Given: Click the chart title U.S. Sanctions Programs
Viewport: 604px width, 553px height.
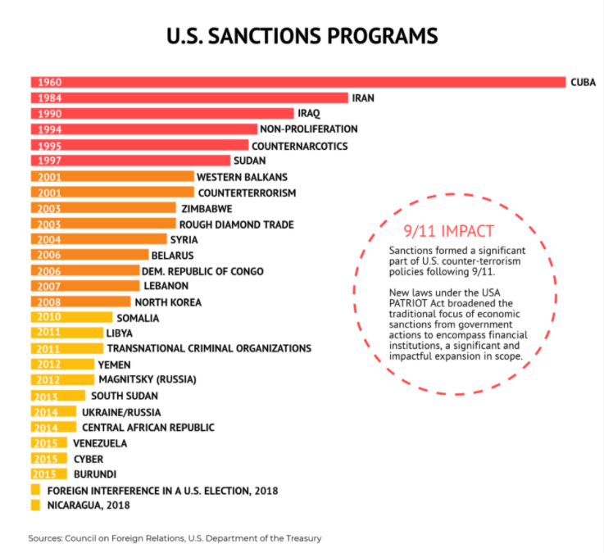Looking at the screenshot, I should (302, 36).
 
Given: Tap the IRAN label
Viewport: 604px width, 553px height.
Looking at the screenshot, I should (362, 97).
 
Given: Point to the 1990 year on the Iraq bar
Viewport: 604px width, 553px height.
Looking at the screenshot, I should (50, 114).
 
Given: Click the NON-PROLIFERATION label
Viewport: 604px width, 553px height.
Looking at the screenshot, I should (308, 129).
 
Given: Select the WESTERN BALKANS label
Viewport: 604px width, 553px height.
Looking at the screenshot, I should (242, 177).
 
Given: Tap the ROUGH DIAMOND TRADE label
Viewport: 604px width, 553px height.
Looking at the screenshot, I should (236, 224).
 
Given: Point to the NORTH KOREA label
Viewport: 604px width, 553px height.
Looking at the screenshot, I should (168, 302).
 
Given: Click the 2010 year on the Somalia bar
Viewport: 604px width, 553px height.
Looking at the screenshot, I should (50, 318).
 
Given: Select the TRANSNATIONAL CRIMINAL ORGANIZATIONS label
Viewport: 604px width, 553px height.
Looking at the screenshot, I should (209, 349).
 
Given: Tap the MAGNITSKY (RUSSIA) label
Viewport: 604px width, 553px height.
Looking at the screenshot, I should (148, 380).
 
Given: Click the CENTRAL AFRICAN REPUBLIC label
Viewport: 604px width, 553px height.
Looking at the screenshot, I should (148, 428).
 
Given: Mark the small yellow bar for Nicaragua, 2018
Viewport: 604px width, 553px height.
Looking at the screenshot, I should (35, 505).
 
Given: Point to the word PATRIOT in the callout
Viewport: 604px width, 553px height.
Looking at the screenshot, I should (408, 303).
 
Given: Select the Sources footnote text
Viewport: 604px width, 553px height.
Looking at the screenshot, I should (175, 538).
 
